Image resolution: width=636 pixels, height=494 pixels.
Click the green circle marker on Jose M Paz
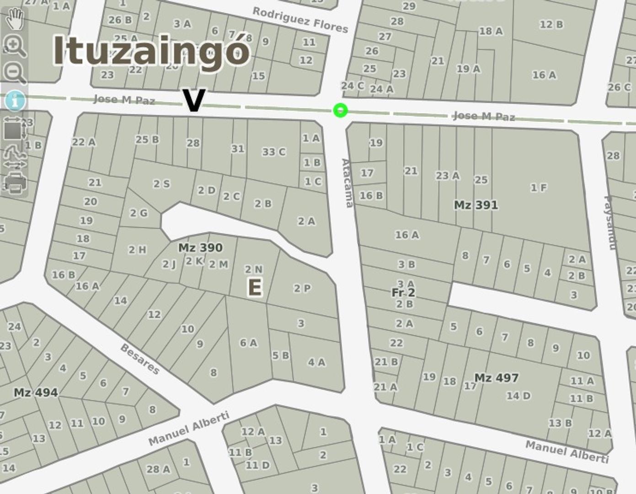coord(340,110)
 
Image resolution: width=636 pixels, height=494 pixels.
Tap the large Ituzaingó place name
coord(151,50)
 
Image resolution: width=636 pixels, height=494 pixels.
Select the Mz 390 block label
coord(200,248)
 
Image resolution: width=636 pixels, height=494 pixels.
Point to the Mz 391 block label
coord(476,205)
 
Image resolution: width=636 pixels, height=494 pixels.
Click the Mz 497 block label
coord(496,378)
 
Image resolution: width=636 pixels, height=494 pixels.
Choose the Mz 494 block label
coord(36,392)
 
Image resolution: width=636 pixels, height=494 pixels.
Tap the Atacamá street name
coord(347,183)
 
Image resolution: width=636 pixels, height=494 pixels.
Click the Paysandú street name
coord(610,222)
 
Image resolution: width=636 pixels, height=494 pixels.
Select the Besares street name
coord(140,359)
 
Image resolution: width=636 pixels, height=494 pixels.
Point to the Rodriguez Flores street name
coord(300,20)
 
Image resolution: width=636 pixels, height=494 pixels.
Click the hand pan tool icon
coord(15,18)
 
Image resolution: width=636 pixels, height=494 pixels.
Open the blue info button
coord(15,100)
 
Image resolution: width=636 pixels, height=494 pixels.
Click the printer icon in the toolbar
coord(15,183)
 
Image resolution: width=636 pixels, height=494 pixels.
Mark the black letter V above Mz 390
coord(193,101)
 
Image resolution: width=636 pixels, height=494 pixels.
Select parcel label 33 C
coord(273,152)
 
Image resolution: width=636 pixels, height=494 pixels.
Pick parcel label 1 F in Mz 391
coord(538,188)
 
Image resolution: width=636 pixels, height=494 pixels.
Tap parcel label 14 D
coord(518,396)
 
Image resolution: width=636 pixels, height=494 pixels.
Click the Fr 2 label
coord(403,292)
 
